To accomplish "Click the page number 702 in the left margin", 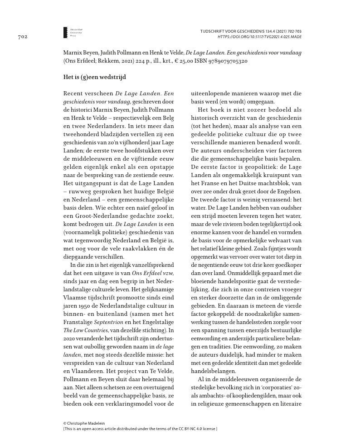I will tap(24, 36).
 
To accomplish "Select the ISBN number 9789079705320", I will tap(224, 61).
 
